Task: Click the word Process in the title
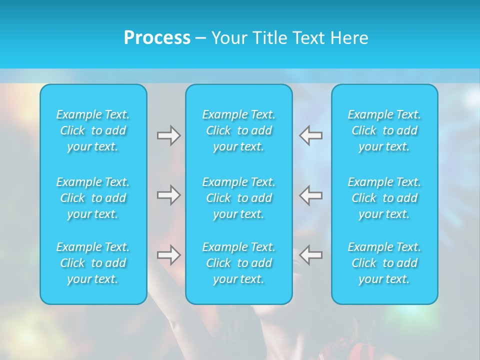(x=157, y=38)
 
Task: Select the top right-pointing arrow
(x=168, y=135)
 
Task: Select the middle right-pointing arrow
(x=168, y=195)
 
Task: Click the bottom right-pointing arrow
(x=168, y=255)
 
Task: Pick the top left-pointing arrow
(x=311, y=135)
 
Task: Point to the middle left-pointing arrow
(x=311, y=195)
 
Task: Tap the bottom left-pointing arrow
(x=311, y=255)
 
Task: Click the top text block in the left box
(x=93, y=130)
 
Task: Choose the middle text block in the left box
(x=93, y=198)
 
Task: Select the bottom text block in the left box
(x=93, y=263)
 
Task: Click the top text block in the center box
(x=239, y=130)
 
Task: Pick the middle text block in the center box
(x=239, y=198)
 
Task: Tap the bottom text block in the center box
(x=239, y=263)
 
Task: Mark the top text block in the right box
(x=384, y=130)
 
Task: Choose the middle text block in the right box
(x=384, y=198)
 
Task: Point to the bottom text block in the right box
(x=384, y=263)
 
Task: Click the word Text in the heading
(x=308, y=38)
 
